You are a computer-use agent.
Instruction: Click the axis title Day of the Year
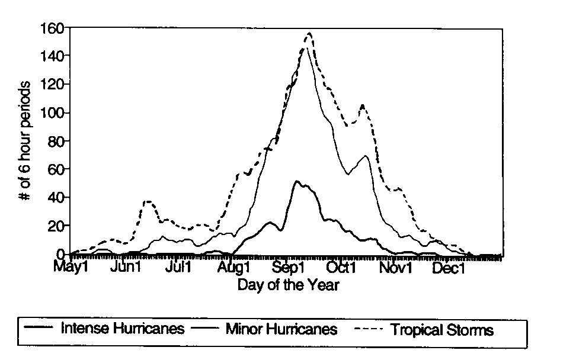point(289,285)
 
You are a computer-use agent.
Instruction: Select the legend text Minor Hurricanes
point(281,329)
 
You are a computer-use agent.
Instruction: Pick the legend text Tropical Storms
point(442,329)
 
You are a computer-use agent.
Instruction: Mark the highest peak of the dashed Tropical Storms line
point(309,34)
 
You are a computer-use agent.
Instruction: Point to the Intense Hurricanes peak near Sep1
point(296,181)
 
